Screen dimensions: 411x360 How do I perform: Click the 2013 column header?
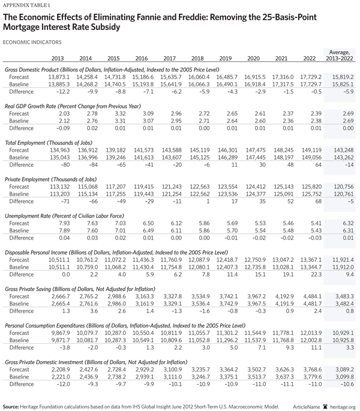point(58,58)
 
